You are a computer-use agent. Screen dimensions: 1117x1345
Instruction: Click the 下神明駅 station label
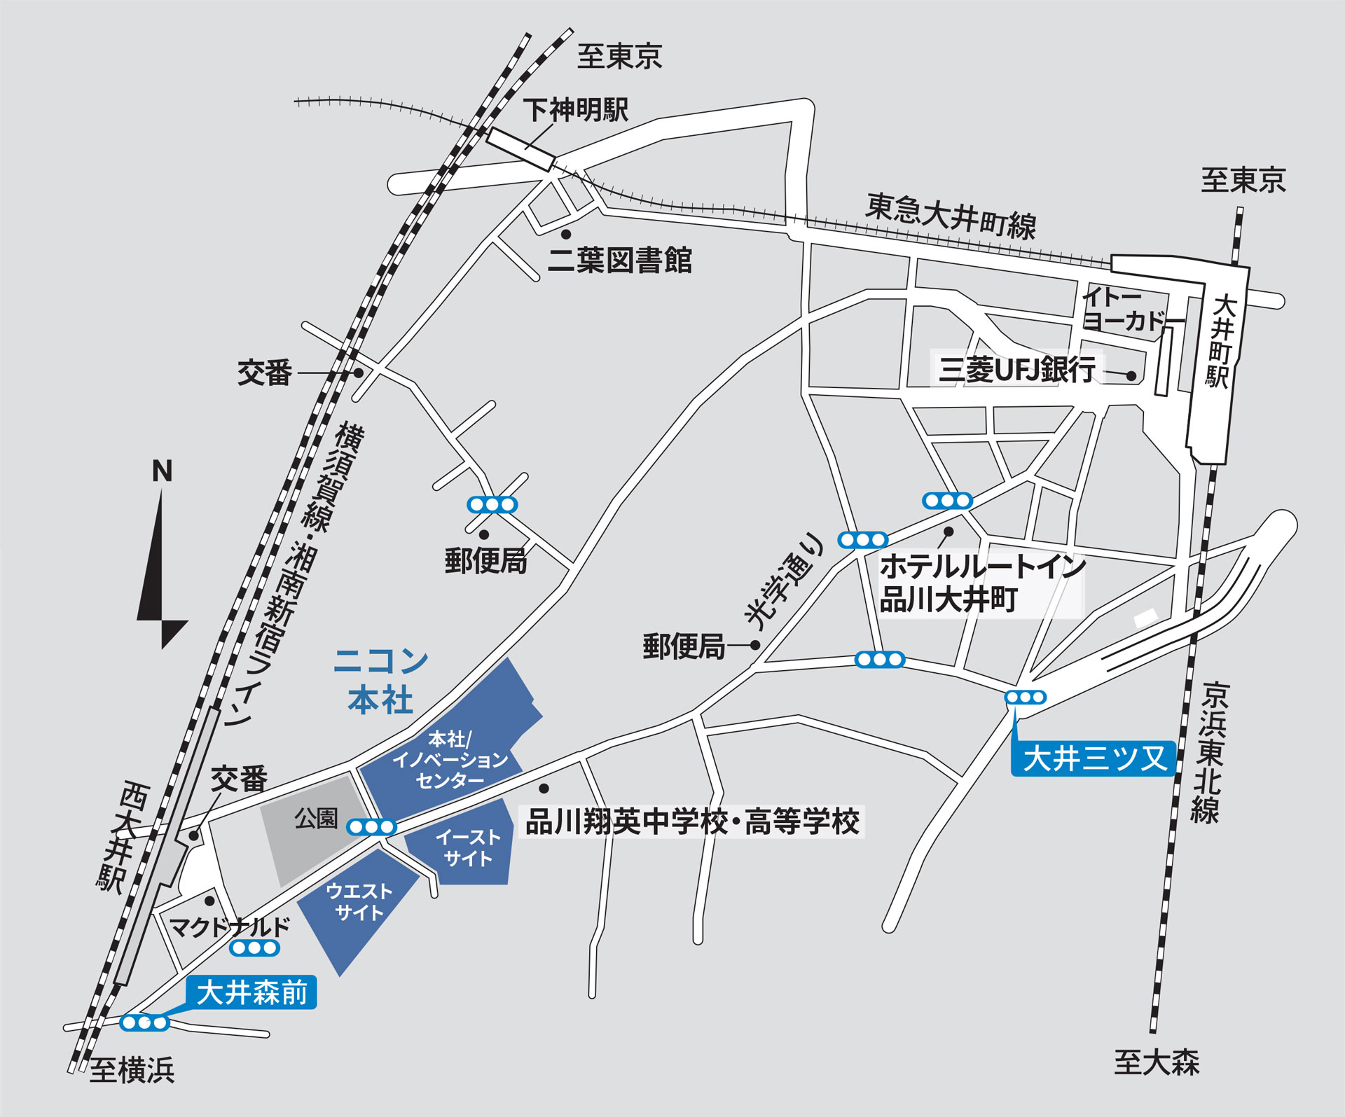pos(575,110)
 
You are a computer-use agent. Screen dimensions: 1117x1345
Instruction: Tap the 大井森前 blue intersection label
pos(251,992)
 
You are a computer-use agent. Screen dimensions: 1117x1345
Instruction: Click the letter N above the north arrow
pos(162,471)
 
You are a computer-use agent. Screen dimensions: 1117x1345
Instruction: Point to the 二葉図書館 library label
pos(619,261)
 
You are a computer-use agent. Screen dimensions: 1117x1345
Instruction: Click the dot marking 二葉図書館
pos(566,234)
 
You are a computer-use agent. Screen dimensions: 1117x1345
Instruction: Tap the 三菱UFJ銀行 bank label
pos(1016,369)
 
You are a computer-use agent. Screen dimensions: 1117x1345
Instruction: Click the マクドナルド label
pos(230,927)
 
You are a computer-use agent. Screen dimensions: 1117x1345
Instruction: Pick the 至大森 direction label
pos(1157,1062)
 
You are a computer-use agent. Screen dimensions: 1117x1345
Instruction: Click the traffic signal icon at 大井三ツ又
pos(1026,697)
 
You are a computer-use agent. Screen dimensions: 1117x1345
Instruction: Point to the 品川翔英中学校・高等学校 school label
pos(692,821)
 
